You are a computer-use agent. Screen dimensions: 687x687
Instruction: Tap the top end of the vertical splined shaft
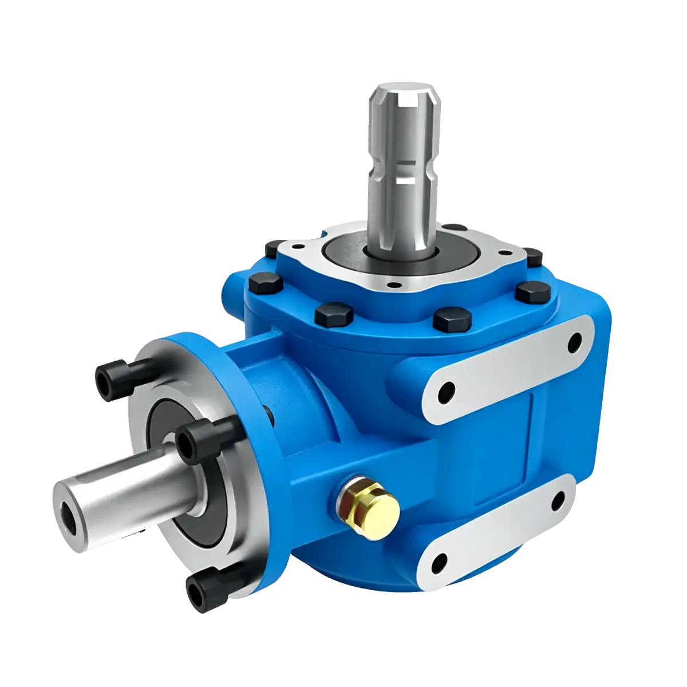coord(406,96)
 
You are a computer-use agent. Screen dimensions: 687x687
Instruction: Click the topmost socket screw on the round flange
coord(109,377)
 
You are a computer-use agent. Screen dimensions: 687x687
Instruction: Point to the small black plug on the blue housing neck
coord(266,410)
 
